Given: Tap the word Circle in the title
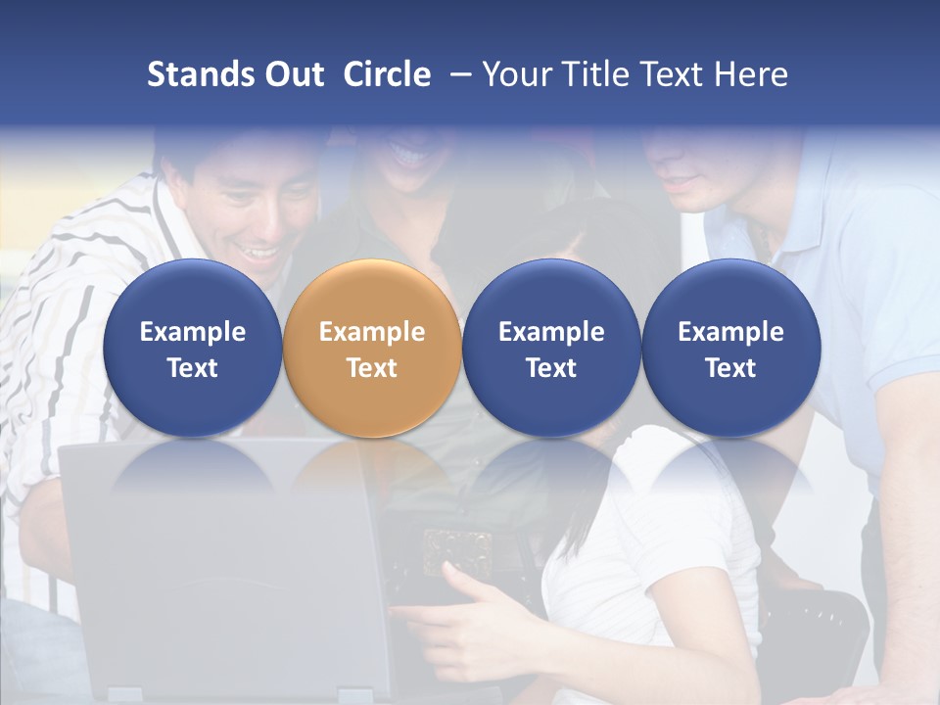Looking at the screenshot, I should [387, 74].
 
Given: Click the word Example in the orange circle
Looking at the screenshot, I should [372, 332].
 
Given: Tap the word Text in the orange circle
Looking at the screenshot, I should [372, 368].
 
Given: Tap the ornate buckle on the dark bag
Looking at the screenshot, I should [455, 549].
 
